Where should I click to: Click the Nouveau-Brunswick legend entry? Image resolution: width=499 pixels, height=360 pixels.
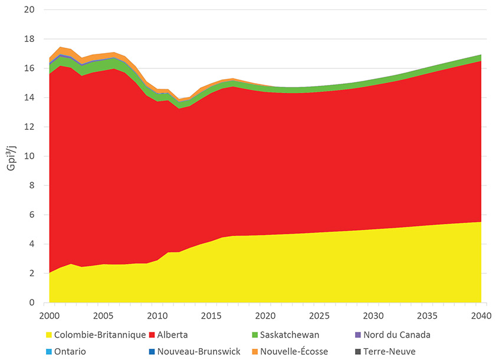tap(201, 351)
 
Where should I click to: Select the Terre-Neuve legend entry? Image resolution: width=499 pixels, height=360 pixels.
tap(390, 351)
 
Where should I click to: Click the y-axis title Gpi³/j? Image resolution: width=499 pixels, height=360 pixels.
tap(11, 156)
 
